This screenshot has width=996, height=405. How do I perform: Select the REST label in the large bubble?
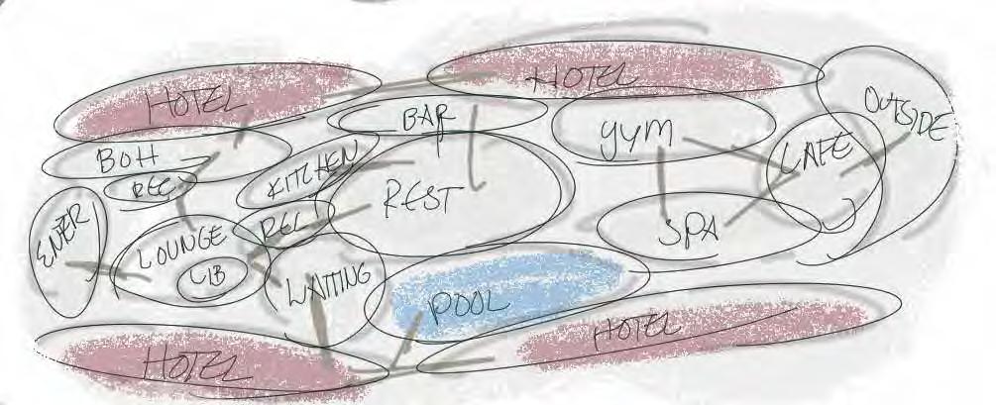(x=417, y=197)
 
